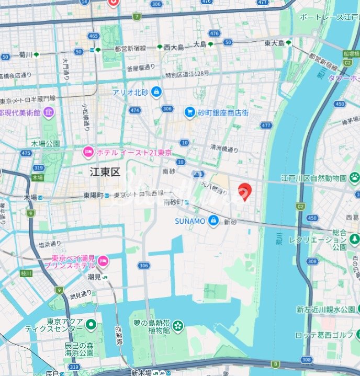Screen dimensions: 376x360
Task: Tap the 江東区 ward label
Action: [105, 172]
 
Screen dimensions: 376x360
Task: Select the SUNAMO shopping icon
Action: [213, 221]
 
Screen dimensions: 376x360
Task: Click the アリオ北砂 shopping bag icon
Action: [156, 93]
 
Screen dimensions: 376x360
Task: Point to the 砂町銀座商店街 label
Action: [223, 112]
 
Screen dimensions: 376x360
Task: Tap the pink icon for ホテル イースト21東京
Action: [88, 152]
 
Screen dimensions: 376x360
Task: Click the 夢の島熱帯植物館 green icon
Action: [178, 326]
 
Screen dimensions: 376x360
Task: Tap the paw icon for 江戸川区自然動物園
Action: [355, 177]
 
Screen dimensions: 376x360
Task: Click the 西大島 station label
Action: [174, 47]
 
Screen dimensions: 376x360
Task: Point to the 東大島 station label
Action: [274, 43]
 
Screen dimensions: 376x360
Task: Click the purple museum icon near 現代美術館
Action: [49, 112]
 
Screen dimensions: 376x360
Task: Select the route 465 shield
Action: [94, 36]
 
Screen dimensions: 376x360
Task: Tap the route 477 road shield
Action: [266, 126]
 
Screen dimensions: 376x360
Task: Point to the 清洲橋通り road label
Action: [224, 149]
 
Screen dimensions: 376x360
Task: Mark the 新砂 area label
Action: [231, 222]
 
